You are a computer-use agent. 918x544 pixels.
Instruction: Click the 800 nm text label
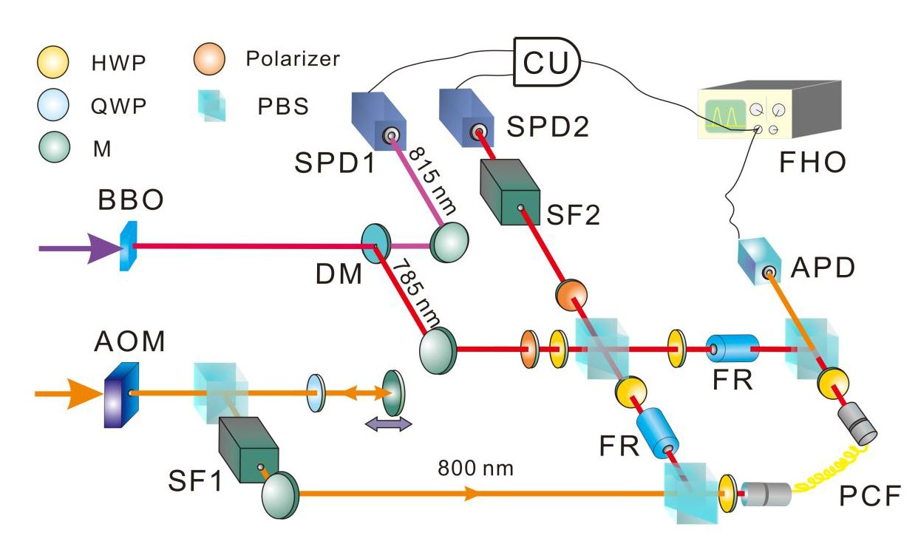point(472,469)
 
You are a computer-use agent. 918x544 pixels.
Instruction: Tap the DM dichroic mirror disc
point(375,243)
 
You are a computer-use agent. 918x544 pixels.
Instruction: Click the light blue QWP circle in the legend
point(52,106)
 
